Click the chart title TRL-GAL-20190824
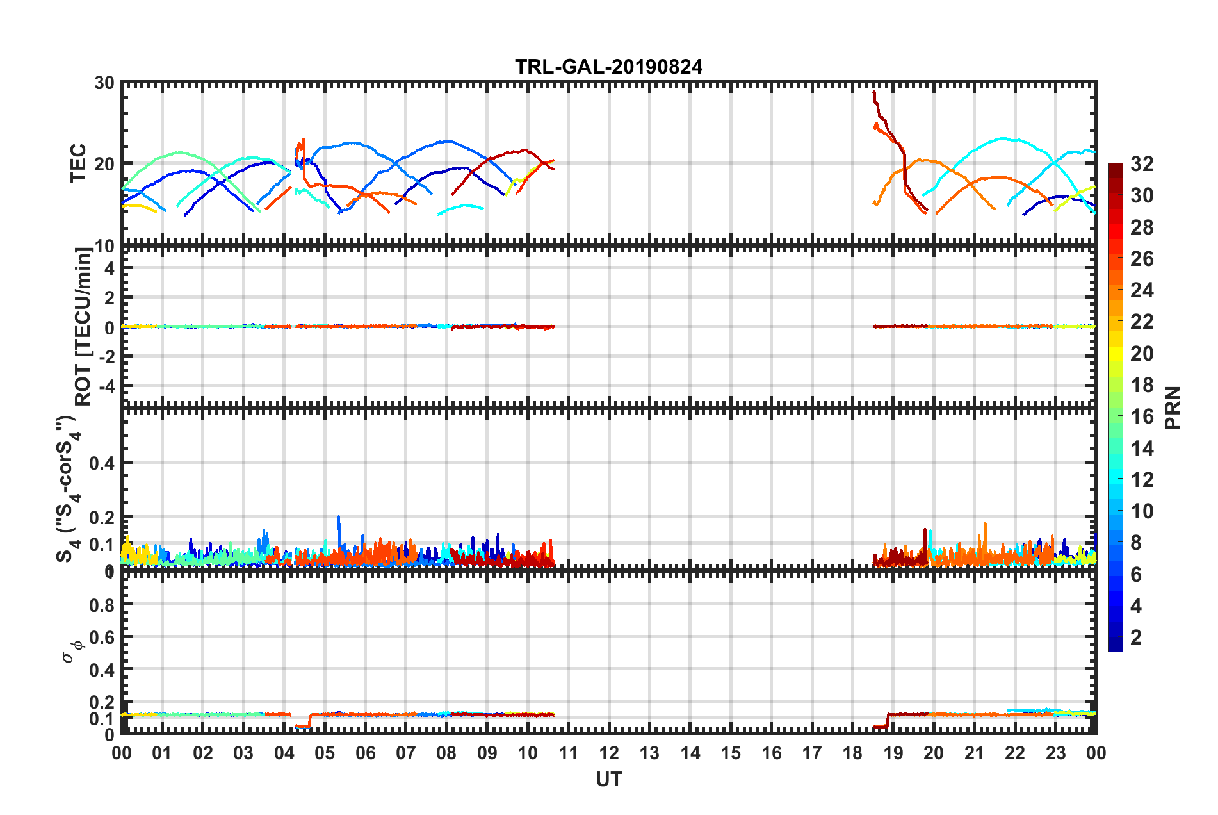tap(608, 67)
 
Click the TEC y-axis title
tap(77, 163)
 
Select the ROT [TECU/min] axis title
tap(83, 327)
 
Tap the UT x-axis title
tap(608, 779)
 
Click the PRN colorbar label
tap(1173, 407)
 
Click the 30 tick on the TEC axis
tap(104, 83)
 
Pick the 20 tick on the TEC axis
tap(104, 164)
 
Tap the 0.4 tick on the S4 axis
tap(102, 463)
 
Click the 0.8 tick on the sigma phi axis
tap(103, 605)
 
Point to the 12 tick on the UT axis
tap(609, 753)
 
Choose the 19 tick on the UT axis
tap(893, 753)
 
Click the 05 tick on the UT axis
tap(325, 753)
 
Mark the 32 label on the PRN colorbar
tap(1142, 164)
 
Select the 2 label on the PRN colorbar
tap(1137, 637)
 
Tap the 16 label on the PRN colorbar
tap(1142, 416)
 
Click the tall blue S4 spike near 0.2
tap(339, 518)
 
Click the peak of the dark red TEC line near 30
tap(874, 92)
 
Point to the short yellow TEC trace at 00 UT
tap(138, 206)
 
